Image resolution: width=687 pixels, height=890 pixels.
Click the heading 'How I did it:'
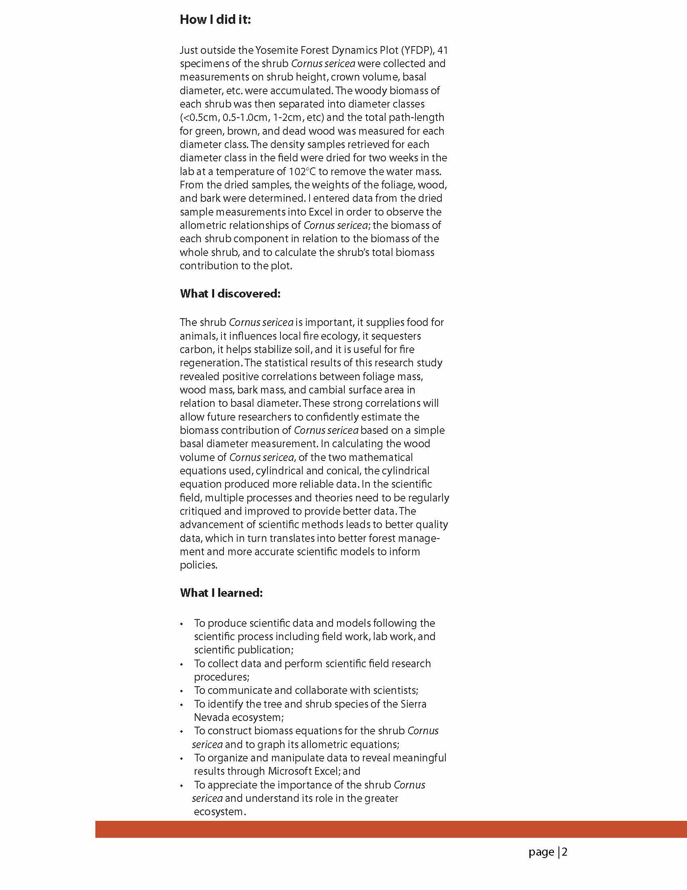(x=215, y=19)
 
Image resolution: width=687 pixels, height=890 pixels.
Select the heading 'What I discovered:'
(x=230, y=294)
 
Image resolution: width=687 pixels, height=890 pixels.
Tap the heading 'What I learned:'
(x=221, y=593)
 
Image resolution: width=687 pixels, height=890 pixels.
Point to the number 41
(x=442, y=50)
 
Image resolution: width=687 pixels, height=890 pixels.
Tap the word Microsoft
(x=289, y=772)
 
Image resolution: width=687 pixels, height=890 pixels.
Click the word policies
(x=198, y=565)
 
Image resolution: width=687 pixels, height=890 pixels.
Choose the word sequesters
(x=386, y=336)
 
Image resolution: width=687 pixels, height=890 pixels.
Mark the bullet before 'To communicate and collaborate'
(x=181, y=691)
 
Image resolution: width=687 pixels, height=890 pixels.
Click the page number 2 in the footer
(x=565, y=852)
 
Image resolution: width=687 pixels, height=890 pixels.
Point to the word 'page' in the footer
(x=541, y=852)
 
